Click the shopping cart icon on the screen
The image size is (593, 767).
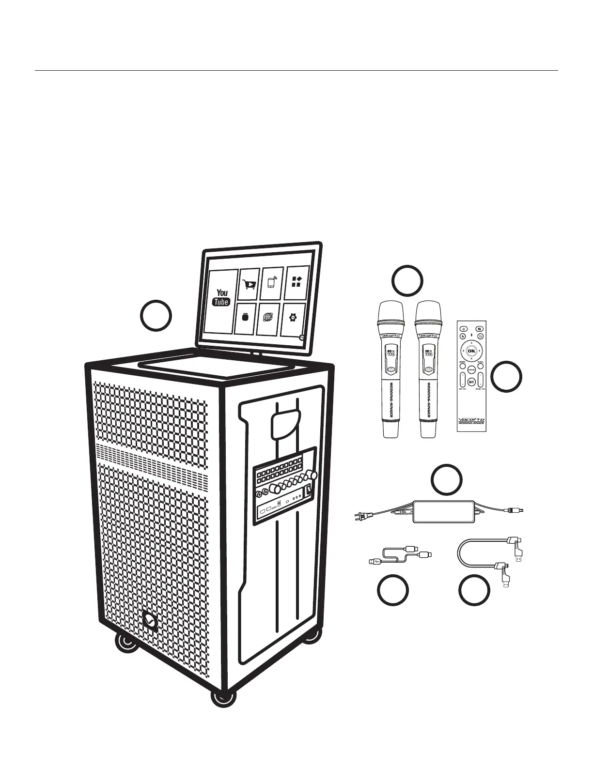[249, 284]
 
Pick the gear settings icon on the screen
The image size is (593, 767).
[293, 318]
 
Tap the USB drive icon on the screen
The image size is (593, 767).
[245, 318]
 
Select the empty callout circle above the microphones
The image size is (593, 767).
[407, 280]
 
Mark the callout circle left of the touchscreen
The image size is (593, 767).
[156, 315]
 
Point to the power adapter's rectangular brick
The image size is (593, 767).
[443, 511]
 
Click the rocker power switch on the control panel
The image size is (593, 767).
[307, 493]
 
